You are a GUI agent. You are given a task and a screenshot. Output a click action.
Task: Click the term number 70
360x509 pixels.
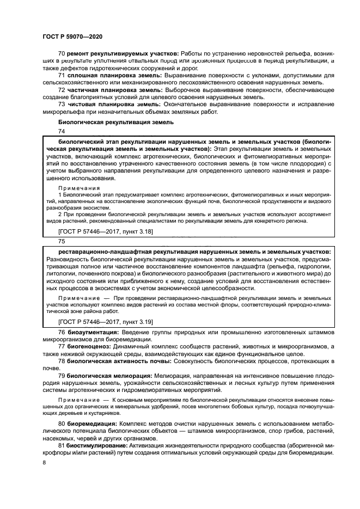[62, 55]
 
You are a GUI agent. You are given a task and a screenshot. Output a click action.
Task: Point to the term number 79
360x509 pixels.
[62, 376]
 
